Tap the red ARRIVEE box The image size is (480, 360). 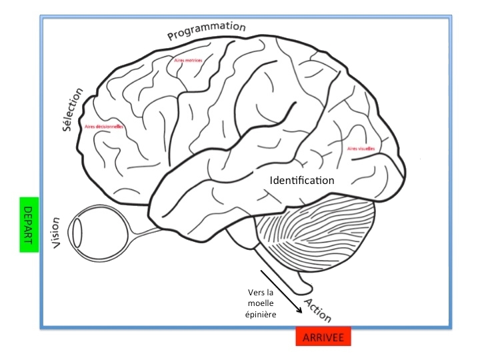click(x=323, y=337)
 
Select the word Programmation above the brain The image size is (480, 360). click(x=207, y=29)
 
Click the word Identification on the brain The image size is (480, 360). click(x=302, y=180)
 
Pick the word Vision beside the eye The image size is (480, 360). click(x=57, y=233)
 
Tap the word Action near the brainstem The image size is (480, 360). click(x=317, y=310)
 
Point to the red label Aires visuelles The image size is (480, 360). click(x=361, y=149)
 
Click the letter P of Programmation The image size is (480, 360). click(x=171, y=36)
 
